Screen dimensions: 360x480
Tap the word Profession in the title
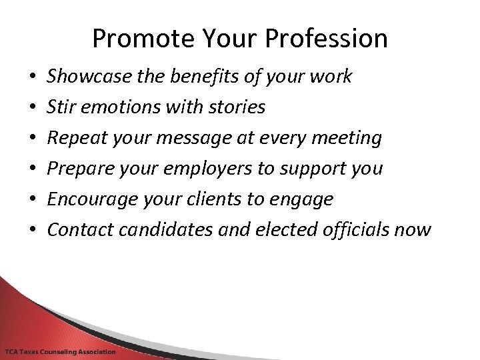(x=326, y=39)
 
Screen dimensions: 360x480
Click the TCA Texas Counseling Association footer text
(x=60, y=351)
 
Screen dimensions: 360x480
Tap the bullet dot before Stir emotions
(x=33, y=107)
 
